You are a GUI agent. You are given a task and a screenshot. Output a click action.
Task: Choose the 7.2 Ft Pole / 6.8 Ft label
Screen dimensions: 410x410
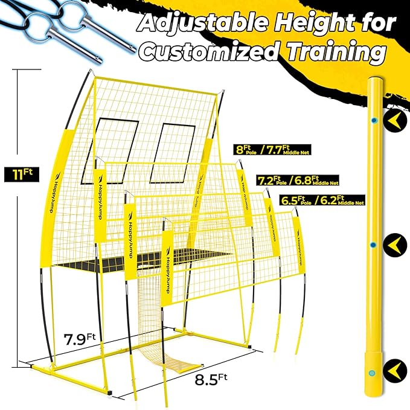click(297, 180)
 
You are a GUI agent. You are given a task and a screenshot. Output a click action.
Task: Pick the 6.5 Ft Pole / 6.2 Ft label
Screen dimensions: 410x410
click(322, 199)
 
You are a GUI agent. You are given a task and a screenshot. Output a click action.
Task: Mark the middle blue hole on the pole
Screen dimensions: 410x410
click(373, 245)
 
